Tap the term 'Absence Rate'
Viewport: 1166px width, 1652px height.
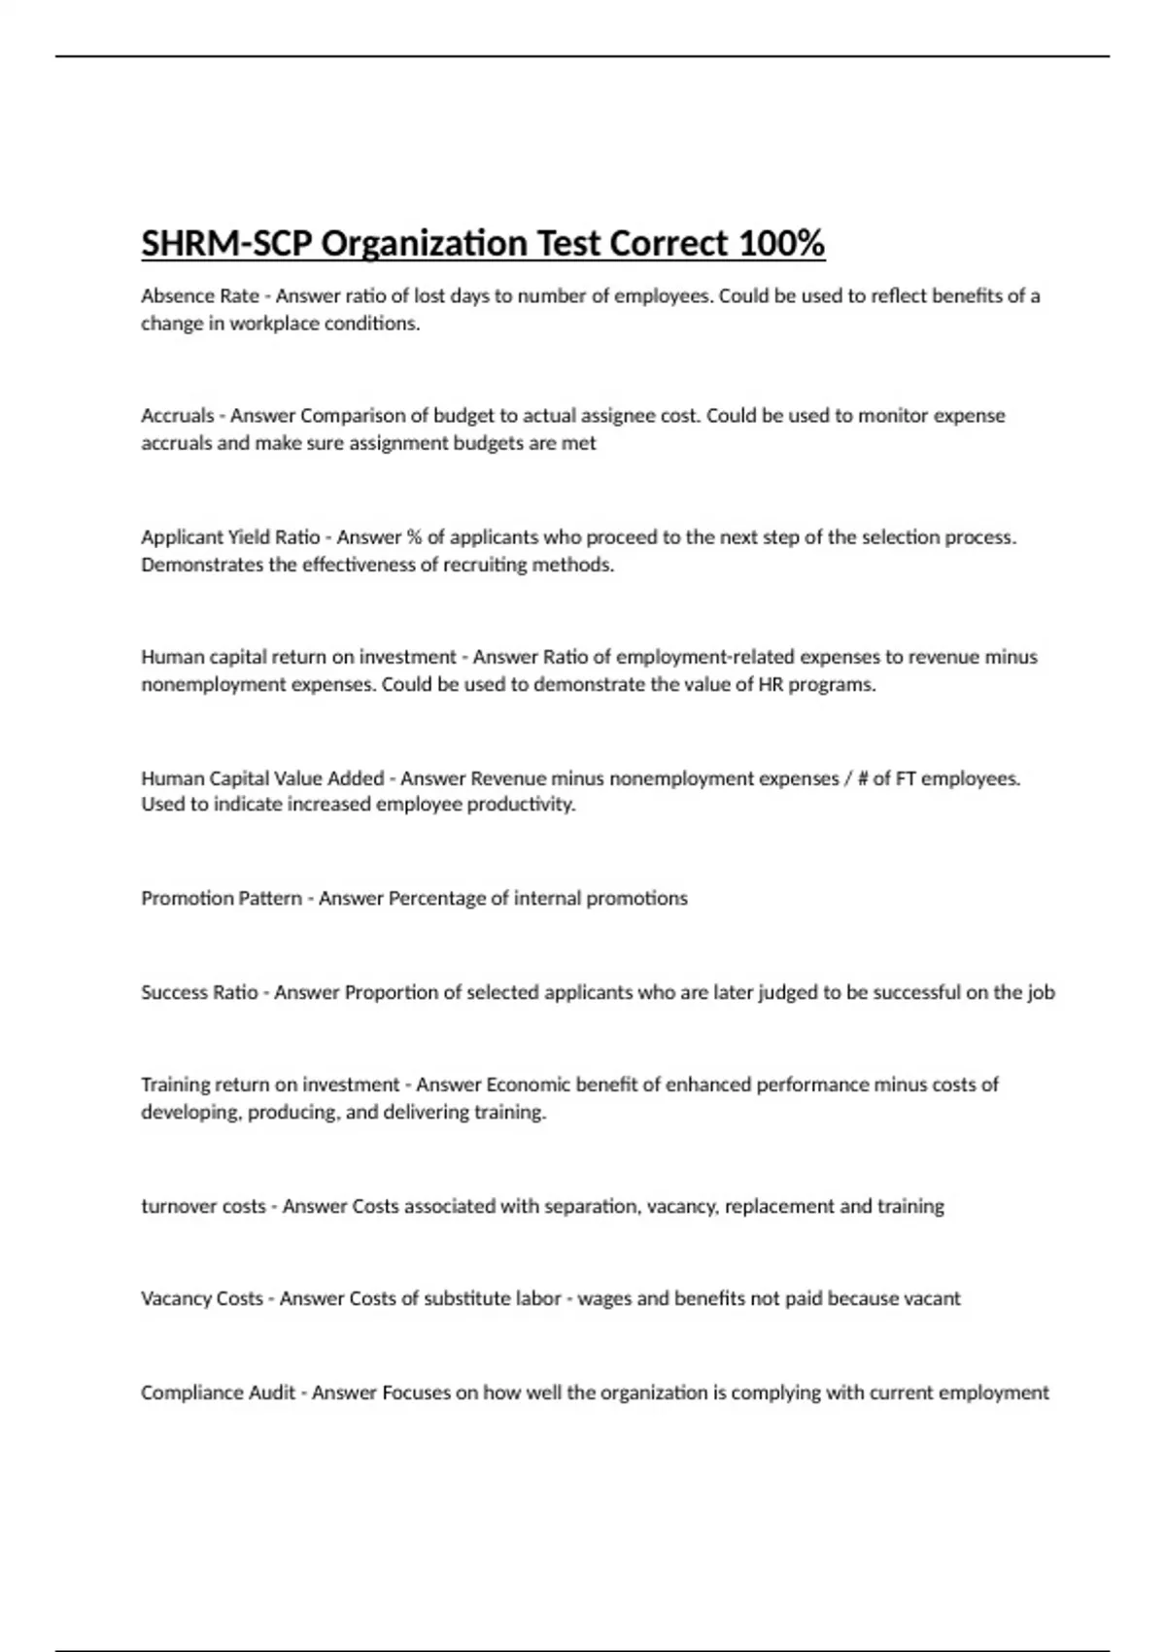pos(199,295)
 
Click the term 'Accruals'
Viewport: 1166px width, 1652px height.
pos(177,416)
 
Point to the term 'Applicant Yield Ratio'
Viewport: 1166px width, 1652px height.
pos(230,536)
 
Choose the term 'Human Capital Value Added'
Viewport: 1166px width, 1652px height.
pos(262,778)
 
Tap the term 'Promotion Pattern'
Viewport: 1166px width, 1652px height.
pos(222,898)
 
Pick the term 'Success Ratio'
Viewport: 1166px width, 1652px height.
pos(199,992)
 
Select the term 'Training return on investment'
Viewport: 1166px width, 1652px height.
pos(270,1084)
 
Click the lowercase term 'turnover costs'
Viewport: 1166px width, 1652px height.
pos(203,1206)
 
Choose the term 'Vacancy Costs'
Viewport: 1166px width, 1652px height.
pos(202,1298)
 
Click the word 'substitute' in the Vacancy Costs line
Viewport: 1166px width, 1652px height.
pos(471,1298)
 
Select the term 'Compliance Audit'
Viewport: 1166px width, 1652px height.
pos(218,1393)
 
